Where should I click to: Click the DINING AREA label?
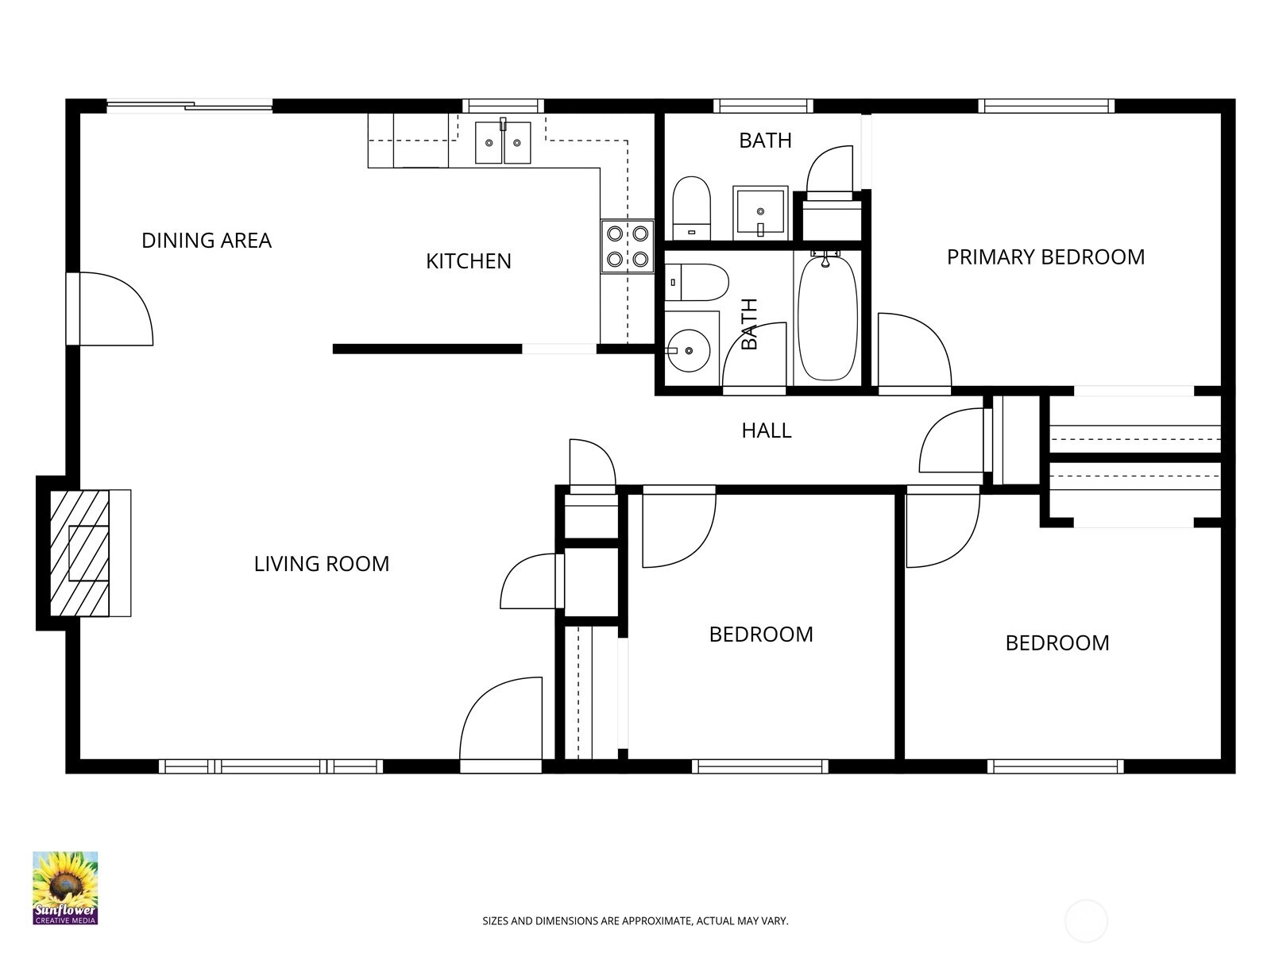pyautogui.click(x=206, y=240)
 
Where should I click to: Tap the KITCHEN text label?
pyautogui.click(x=469, y=261)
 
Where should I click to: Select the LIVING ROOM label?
pyautogui.click(x=322, y=564)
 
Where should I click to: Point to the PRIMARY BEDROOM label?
pyautogui.click(x=1045, y=257)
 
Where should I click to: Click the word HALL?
pyautogui.click(x=766, y=430)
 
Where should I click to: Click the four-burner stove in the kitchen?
pyautogui.click(x=627, y=246)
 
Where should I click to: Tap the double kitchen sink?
pyautogui.click(x=503, y=142)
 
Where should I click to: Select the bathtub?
pyautogui.click(x=828, y=318)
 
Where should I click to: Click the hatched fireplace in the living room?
pyautogui.click(x=79, y=554)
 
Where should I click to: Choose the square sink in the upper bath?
pyautogui.click(x=759, y=212)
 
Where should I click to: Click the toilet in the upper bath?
pyautogui.click(x=691, y=208)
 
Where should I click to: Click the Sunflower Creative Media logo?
pyautogui.click(x=65, y=888)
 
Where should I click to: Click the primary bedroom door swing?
pyautogui.click(x=914, y=350)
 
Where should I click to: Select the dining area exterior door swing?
pyautogui.click(x=116, y=309)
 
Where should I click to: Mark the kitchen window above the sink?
pyautogui.click(x=503, y=106)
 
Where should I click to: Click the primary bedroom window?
pyautogui.click(x=1046, y=106)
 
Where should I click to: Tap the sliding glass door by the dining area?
pyautogui.click(x=189, y=106)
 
